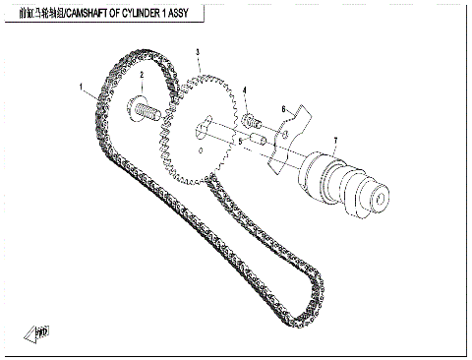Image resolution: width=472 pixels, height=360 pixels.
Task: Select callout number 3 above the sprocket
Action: click(198, 52)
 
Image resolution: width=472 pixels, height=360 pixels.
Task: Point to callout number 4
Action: click(245, 91)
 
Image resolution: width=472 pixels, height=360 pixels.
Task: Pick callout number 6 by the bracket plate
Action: click(283, 108)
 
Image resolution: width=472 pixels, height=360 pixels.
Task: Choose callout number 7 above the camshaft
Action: click(334, 141)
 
